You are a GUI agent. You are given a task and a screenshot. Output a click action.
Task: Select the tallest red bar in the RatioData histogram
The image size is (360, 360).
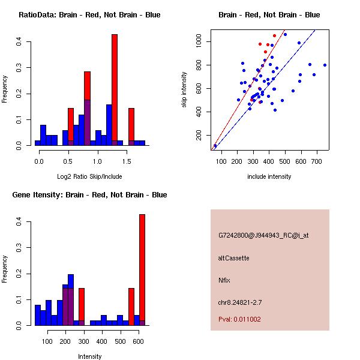(x=115, y=90)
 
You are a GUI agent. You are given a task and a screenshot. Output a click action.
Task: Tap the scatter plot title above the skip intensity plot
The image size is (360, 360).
(x=269, y=15)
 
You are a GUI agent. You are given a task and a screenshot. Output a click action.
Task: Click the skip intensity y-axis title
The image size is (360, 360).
(x=184, y=90)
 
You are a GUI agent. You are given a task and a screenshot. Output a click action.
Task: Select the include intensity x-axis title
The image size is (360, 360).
(x=269, y=176)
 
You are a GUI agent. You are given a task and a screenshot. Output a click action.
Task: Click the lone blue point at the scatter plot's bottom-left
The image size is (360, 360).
(x=215, y=146)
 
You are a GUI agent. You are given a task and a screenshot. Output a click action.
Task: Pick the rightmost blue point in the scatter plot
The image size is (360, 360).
(x=325, y=65)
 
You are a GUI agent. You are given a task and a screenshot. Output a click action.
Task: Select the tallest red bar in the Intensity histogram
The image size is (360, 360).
(x=142, y=270)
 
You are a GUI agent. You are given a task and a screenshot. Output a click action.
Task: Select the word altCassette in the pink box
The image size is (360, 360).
(x=233, y=258)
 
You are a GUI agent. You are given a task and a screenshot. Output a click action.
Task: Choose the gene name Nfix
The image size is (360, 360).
(x=224, y=280)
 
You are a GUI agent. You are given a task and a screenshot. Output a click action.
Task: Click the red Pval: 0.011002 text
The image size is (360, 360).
(x=239, y=319)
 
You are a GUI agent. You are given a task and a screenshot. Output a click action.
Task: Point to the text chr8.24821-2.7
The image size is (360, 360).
(x=241, y=302)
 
